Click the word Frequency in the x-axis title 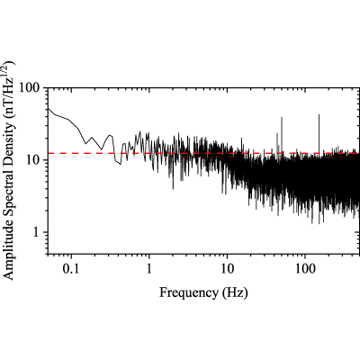pos(189,293)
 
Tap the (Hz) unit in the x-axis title pos(236,292)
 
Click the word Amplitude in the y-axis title pos(8,253)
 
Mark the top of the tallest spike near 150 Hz pos(319,114)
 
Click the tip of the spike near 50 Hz pos(282,117)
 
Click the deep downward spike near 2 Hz pos(173,189)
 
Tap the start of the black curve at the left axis pos(49,108)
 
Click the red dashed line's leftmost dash pos(53,153)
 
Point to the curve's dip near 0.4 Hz pos(121,165)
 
